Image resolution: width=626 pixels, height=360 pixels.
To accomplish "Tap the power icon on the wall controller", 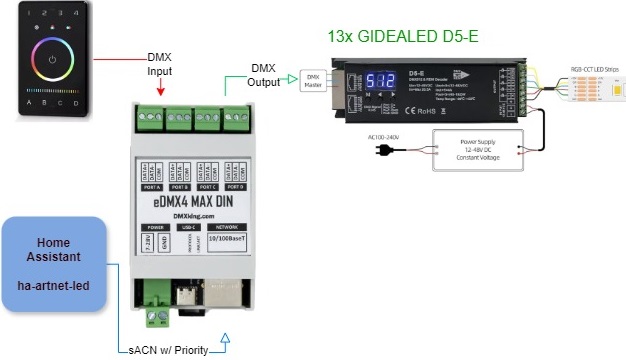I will click(50, 59).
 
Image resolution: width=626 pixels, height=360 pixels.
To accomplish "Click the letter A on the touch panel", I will click(29, 102).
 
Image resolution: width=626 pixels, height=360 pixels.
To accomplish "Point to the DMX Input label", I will click(165, 63).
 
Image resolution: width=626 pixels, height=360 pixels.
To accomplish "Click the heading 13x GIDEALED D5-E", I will click(403, 37).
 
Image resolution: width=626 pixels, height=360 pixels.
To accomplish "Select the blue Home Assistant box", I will click(53, 266).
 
